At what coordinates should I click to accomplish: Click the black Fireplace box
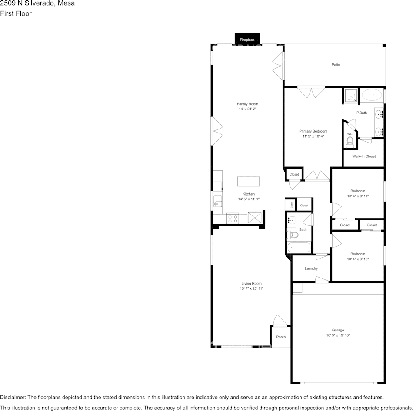point(247,39)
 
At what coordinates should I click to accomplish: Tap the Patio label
point(336,64)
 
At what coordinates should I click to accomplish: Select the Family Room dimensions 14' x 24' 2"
point(248,109)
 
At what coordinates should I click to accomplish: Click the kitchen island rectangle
point(248,182)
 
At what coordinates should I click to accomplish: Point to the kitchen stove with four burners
point(233,219)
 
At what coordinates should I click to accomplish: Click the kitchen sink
point(217,201)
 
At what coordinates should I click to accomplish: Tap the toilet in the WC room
point(350,143)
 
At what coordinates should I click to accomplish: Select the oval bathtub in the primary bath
point(372,95)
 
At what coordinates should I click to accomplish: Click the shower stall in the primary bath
point(351,95)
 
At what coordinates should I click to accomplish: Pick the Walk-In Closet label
point(364,156)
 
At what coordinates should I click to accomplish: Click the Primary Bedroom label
point(313,131)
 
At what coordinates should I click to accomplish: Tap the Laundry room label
point(311,268)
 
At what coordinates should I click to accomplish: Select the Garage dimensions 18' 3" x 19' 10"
point(338,335)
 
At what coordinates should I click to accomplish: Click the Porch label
point(281,337)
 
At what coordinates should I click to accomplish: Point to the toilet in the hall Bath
point(293,234)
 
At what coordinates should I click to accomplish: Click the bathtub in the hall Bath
point(299,248)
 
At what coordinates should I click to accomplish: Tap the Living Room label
point(252,283)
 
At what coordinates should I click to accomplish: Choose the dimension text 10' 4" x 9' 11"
point(358,196)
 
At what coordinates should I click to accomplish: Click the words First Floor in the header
point(16,13)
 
